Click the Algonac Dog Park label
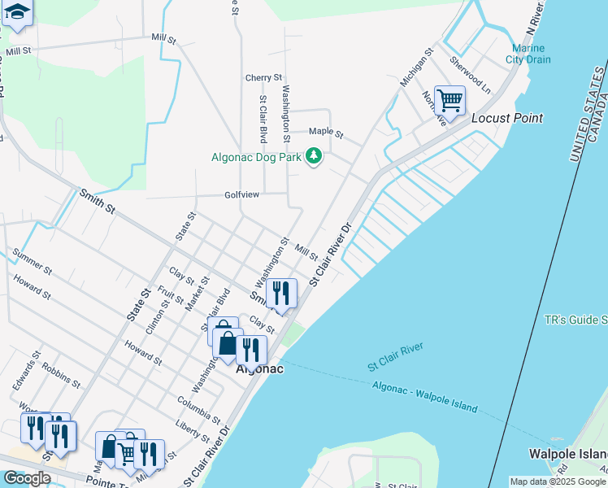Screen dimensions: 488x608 pos(255,158)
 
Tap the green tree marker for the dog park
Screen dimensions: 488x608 pos(313,156)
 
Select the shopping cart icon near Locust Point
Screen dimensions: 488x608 pos(449,102)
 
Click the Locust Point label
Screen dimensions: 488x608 pos(507,118)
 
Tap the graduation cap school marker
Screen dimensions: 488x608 pos(17,14)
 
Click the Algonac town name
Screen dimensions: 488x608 pos(259,368)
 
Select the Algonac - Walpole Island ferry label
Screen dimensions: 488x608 pos(425,396)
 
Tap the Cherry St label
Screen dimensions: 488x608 pos(263,78)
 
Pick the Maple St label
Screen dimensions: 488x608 pos(327,132)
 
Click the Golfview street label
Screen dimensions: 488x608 pos(242,195)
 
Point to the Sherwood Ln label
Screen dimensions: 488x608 pos(471,75)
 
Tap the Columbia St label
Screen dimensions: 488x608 pos(199,407)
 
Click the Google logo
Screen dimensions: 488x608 pos(27,478)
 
